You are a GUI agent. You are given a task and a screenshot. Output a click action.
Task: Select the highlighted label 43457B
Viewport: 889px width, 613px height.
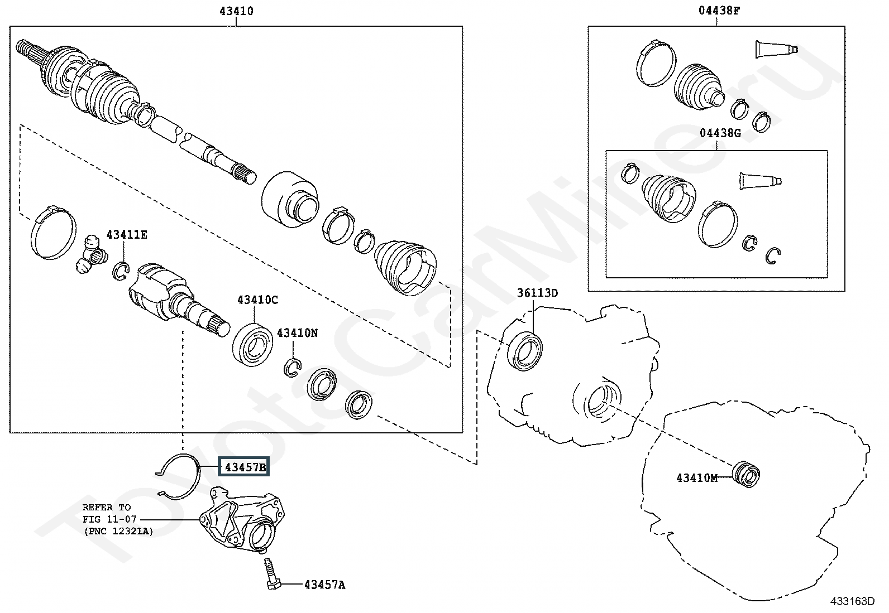(x=246, y=467)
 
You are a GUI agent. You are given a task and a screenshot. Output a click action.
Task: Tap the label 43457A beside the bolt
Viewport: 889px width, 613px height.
(x=324, y=585)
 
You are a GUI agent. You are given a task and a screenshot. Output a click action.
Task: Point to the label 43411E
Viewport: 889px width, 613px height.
(x=127, y=235)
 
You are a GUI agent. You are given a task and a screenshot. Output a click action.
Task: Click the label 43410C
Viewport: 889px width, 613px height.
(x=257, y=300)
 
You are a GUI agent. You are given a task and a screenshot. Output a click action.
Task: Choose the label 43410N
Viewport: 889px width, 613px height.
(x=297, y=333)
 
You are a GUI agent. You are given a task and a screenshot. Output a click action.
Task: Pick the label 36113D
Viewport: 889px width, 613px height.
(x=537, y=293)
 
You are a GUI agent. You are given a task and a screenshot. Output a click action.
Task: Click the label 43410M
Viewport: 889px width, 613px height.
(x=696, y=478)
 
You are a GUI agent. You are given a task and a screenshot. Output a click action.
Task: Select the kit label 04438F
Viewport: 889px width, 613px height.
(x=720, y=11)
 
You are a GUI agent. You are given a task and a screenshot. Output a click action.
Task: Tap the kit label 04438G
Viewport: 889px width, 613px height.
(x=720, y=133)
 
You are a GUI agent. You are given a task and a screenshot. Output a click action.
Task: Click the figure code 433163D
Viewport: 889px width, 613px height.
(x=852, y=601)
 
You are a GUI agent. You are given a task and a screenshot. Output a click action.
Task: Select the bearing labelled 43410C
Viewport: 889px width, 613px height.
(x=252, y=344)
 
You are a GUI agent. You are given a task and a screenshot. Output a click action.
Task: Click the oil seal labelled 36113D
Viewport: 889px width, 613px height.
(x=526, y=350)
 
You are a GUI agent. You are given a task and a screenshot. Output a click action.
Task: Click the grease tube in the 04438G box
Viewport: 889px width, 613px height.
(x=760, y=181)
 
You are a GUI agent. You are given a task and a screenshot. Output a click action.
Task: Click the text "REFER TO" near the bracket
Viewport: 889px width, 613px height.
(x=106, y=508)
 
